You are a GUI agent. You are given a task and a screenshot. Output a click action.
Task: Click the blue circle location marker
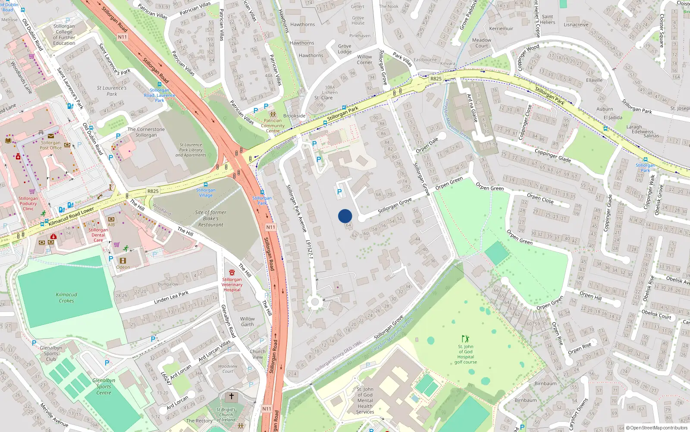click(x=345, y=216)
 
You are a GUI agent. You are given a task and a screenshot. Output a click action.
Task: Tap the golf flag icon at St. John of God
click(x=465, y=339)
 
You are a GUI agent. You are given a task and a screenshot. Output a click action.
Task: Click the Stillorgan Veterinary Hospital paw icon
click(x=232, y=273)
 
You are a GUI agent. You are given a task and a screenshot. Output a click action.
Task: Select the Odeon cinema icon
click(x=123, y=261)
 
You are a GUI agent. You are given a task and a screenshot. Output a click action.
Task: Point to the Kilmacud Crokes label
click(x=66, y=298)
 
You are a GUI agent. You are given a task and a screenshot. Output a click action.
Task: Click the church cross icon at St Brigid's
click(x=232, y=396)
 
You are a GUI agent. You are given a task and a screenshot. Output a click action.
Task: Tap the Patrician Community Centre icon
click(x=273, y=114)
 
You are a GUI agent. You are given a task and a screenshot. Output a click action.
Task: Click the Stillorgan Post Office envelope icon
click(x=51, y=136)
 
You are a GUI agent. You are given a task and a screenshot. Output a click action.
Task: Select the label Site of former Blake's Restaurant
click(x=210, y=219)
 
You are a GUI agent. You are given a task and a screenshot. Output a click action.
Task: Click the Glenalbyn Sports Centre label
click(x=103, y=387)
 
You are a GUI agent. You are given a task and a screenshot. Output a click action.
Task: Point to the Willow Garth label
click(x=248, y=322)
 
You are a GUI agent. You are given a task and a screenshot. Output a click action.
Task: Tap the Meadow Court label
click(x=482, y=43)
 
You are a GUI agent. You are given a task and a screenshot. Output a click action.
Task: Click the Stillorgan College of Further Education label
click(x=64, y=35)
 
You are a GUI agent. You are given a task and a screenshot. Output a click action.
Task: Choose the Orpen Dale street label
click(x=427, y=145)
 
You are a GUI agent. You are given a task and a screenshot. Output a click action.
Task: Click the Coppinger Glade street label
click(x=552, y=156)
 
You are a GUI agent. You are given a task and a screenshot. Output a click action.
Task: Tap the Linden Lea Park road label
click(x=171, y=297)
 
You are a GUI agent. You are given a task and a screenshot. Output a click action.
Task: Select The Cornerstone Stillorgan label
click(x=146, y=132)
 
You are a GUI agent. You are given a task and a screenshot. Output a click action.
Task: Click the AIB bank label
click(x=111, y=225)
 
